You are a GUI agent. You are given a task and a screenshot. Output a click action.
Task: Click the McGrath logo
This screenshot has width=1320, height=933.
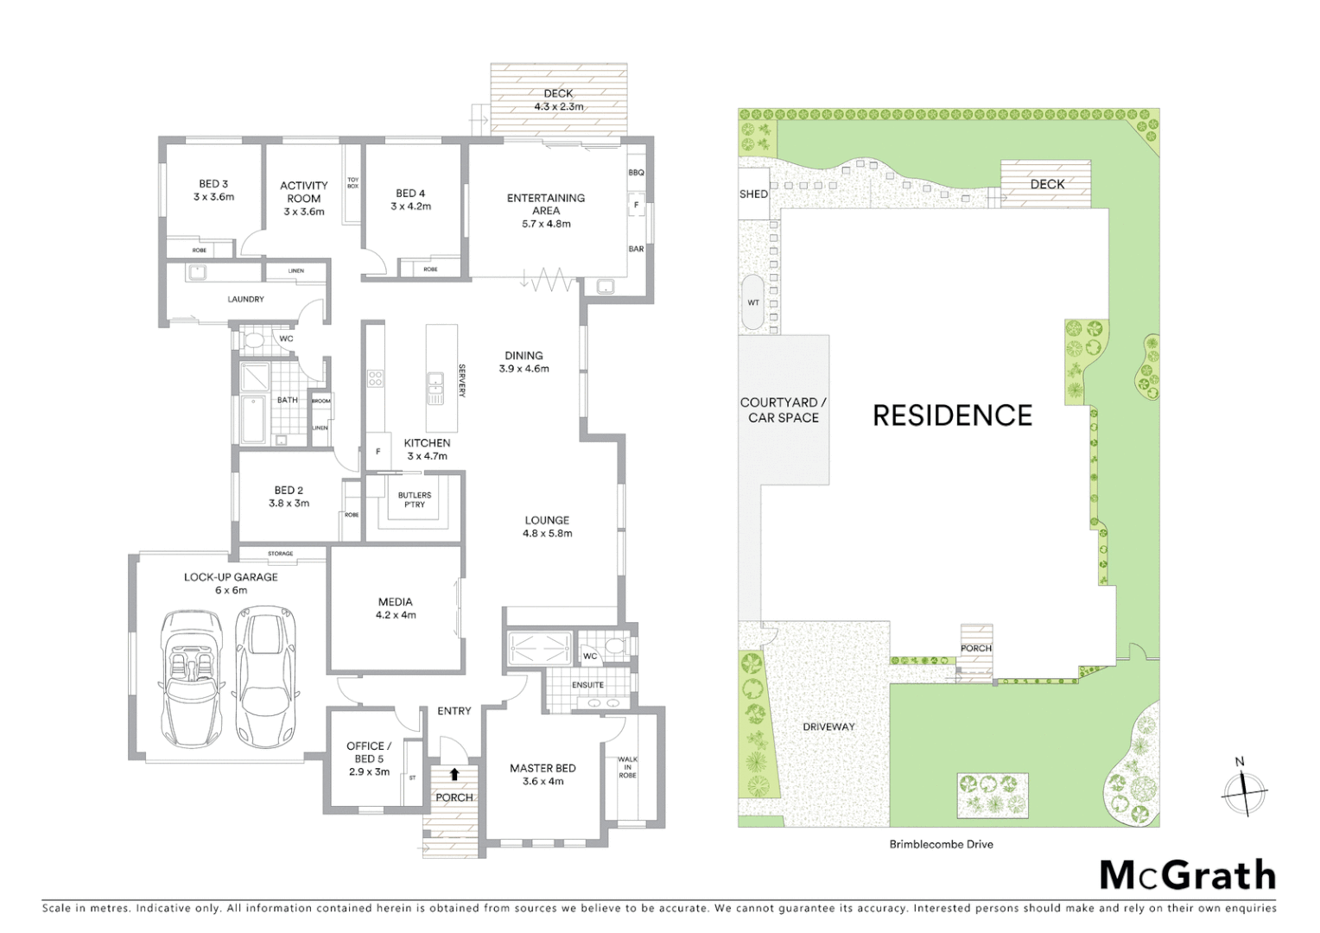[x=1188, y=875]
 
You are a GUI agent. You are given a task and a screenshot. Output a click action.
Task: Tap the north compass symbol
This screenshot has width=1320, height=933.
[x=1243, y=791]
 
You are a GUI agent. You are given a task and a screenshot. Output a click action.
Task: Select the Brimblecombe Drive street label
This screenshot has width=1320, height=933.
[x=941, y=844]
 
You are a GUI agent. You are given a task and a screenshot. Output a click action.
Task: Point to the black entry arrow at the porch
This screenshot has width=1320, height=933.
[x=454, y=774]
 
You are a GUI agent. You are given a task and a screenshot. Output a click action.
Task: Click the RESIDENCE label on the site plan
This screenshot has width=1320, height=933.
[x=952, y=416]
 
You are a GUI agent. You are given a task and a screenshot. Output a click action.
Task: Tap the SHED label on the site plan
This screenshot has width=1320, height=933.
[x=753, y=194]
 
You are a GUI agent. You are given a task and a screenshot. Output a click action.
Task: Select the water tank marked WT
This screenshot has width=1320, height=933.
[x=753, y=302]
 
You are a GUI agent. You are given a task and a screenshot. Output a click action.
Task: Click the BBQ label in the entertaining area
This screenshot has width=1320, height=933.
[x=636, y=173]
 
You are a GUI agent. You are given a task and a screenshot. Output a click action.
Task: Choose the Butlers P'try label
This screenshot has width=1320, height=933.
[x=415, y=499]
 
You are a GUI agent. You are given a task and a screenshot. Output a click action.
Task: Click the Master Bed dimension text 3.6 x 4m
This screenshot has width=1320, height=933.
[x=543, y=781]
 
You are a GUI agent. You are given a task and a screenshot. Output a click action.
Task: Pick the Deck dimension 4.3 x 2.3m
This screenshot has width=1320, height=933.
[x=558, y=107]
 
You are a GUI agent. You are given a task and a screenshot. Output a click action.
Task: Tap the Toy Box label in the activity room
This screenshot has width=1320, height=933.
[x=352, y=184]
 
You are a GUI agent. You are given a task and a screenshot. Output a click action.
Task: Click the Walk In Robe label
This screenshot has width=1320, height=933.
[x=627, y=767]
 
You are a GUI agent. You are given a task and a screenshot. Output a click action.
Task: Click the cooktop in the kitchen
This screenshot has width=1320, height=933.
[x=376, y=378]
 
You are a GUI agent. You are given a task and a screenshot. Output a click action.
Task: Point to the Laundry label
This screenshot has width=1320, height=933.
[x=245, y=299]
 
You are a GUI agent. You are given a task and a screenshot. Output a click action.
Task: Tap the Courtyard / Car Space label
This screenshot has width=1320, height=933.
[x=783, y=410]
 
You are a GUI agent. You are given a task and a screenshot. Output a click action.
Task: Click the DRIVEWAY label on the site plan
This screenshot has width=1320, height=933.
[x=828, y=727]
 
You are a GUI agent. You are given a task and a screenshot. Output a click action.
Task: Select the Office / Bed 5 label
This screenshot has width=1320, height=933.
[x=369, y=752]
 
